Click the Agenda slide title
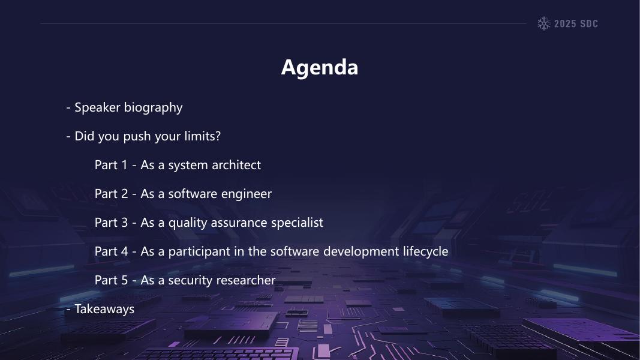coord(320,68)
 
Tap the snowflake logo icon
coord(543,23)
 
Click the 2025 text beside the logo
coord(565,23)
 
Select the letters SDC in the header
coord(589,23)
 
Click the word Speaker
coord(97,108)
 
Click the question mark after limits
coord(218,136)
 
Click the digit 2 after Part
coord(125,193)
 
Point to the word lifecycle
coord(425,251)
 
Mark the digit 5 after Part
coord(125,280)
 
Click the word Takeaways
coord(104,309)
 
